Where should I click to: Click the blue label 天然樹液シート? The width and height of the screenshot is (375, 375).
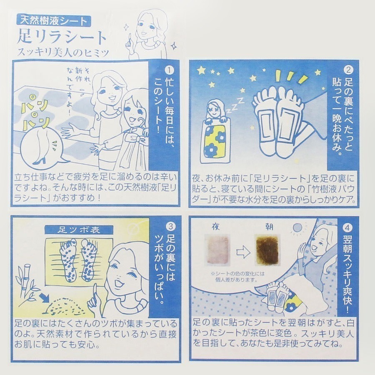point(53,20)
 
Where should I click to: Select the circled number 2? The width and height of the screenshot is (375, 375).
point(348,70)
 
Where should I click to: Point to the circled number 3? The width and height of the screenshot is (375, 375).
point(170,226)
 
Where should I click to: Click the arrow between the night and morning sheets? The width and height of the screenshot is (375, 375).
point(242,251)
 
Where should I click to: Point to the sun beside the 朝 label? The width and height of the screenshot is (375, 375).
point(297,228)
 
